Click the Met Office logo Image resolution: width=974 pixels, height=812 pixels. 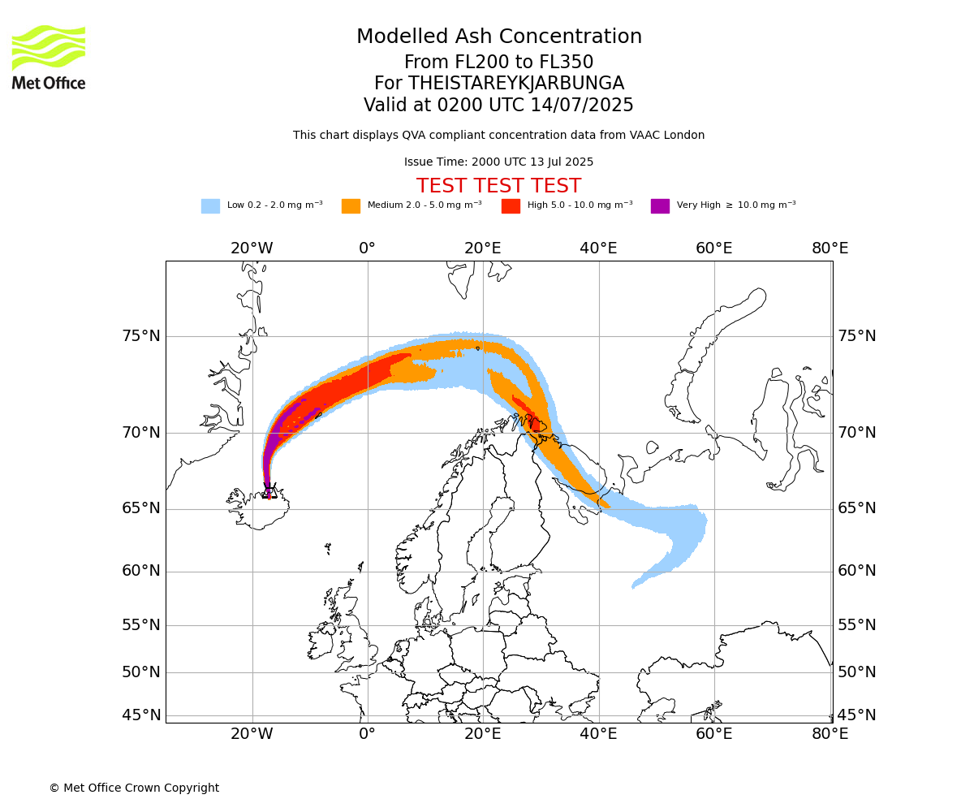click(49, 58)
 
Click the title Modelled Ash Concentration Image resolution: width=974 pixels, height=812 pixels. click(498, 36)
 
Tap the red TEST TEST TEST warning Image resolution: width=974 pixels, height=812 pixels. click(498, 185)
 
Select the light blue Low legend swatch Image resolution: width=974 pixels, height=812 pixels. click(210, 205)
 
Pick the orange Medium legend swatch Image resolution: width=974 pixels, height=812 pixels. click(351, 205)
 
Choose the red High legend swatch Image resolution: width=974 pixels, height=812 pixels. click(511, 205)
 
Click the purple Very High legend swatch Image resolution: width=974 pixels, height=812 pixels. click(660, 205)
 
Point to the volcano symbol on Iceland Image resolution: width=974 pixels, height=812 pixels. click(269, 491)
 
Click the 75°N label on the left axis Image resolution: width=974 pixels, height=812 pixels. click(141, 336)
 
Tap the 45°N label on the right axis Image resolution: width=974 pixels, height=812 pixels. click(856, 715)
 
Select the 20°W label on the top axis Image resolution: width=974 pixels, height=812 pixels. click(252, 248)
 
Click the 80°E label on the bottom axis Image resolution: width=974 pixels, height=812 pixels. click(830, 733)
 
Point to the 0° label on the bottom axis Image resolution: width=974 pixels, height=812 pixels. click(367, 733)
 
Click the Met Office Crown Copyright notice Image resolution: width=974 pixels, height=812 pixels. click(135, 788)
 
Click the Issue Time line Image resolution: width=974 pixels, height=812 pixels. click(498, 162)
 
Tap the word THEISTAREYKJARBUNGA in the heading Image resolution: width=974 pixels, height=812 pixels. click(516, 83)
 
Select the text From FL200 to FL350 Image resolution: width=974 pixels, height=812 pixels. click(498, 62)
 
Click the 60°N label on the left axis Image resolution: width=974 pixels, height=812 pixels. click(141, 571)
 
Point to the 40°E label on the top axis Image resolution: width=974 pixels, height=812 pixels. click(598, 248)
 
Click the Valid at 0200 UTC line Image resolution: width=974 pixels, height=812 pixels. click(498, 105)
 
